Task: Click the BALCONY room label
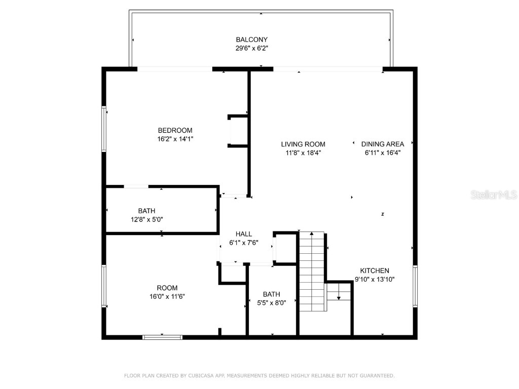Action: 251,40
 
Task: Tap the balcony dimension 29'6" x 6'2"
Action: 251,49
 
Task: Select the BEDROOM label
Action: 175,130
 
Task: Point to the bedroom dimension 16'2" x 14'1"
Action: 175,139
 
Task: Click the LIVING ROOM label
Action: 303,144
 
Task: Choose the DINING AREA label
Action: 383,144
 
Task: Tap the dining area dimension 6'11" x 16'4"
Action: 383,152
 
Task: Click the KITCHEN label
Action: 375,270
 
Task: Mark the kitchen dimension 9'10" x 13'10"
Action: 375,279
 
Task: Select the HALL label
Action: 244,234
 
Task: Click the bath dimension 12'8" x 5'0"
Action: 146,220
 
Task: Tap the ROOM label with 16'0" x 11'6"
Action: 167,288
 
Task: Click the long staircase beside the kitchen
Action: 311,271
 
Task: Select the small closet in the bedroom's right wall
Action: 238,131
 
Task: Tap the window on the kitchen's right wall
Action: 415,286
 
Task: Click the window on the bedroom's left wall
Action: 104,129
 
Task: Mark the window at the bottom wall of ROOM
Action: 162,337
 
